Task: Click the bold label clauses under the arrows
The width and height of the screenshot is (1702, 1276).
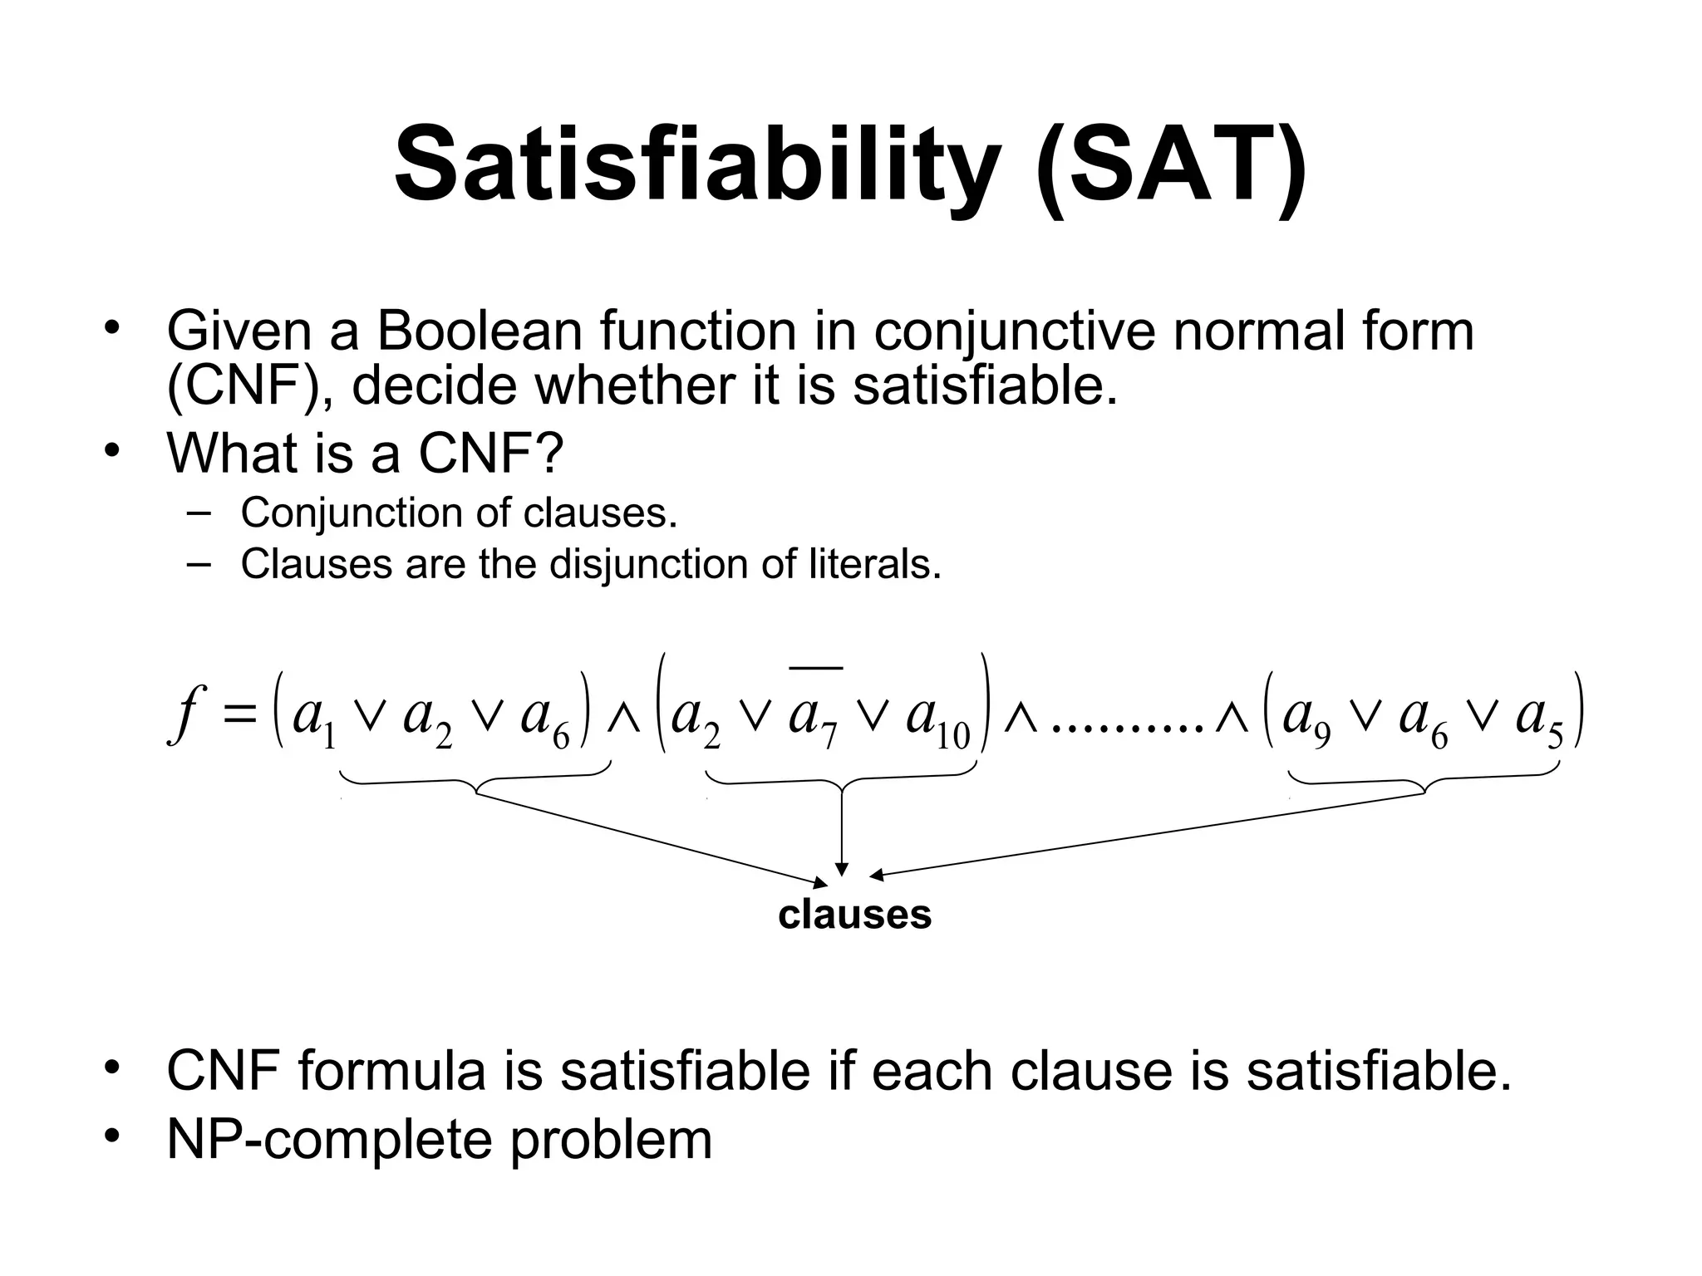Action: click(854, 915)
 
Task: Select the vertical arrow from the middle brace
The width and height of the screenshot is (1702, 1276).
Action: click(842, 831)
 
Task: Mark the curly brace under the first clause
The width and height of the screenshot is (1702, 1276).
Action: click(475, 781)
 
